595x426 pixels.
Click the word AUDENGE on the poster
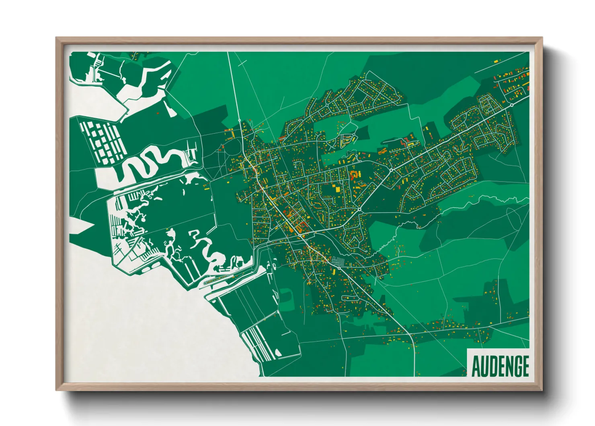click(x=500, y=366)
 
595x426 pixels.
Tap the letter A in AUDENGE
click(x=476, y=366)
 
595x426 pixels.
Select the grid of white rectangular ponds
click(x=103, y=141)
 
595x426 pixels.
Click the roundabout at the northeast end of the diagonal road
click(x=511, y=105)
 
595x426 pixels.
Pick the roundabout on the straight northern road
click(x=239, y=120)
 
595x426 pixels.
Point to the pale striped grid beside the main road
click(x=338, y=261)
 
